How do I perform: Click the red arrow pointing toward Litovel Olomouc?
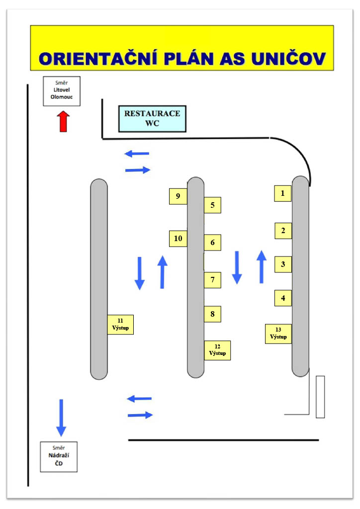coord(63,121)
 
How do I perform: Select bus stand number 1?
coord(283,193)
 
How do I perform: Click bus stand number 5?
coord(212,205)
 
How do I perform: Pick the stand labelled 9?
coord(178,196)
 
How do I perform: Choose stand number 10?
coord(178,239)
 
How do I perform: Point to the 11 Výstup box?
coord(120,325)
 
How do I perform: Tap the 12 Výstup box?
coord(217,350)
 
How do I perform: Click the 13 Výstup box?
coord(278,334)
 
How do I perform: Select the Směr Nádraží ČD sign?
coord(59,456)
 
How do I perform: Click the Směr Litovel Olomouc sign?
coord(62,91)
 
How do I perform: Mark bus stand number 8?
coord(212,314)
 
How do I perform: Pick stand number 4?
coord(283,298)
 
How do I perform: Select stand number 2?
coord(283,231)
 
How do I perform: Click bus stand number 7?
coord(212,280)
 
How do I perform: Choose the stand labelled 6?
coord(212,243)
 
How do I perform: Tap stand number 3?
coord(283,264)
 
